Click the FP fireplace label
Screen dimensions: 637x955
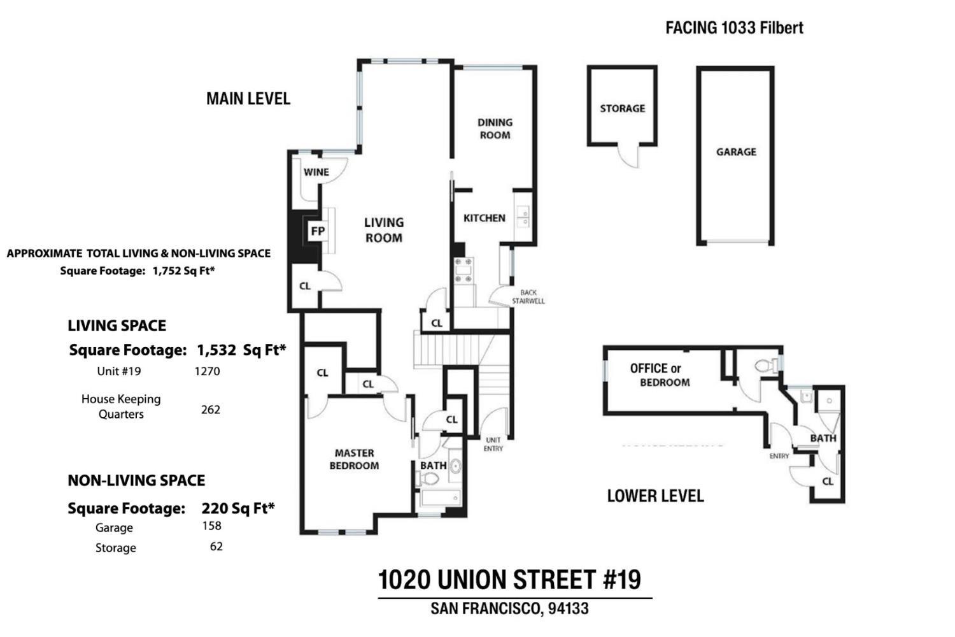[x=317, y=231]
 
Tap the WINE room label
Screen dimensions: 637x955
[x=316, y=172]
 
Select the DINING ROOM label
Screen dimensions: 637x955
[x=495, y=128]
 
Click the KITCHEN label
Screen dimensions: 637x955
[x=484, y=218]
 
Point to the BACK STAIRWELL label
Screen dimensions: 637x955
[x=528, y=297]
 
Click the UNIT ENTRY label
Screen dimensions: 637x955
[x=493, y=444]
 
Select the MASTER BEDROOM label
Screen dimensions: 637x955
[x=354, y=459]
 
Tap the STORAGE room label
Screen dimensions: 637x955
[x=622, y=108]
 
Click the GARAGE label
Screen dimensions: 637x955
[x=736, y=152]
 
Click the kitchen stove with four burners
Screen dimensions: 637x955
[x=463, y=270]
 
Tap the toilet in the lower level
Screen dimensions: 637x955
[x=767, y=366]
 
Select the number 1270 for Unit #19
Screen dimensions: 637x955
[x=207, y=371]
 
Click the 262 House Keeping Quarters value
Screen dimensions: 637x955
[x=210, y=410]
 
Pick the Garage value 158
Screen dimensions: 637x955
[x=211, y=526]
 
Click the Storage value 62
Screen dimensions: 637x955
[x=216, y=547]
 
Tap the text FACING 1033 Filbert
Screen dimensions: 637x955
[x=734, y=27]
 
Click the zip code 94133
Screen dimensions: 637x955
[x=568, y=608]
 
